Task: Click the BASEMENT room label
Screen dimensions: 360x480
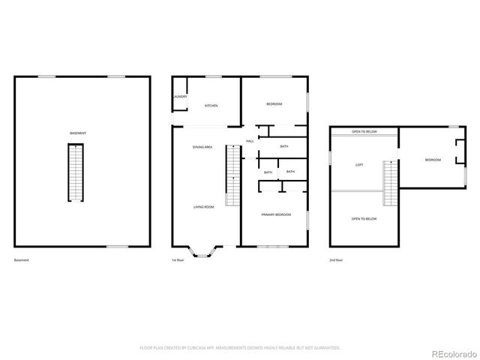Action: click(77, 133)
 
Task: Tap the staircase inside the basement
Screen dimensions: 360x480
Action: click(76, 172)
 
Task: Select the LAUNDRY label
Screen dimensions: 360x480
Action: click(180, 97)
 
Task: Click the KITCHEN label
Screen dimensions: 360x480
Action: click(211, 106)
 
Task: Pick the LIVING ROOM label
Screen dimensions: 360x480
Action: click(204, 207)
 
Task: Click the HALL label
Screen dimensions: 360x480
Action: click(250, 141)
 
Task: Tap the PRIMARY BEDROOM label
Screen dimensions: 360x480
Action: click(276, 214)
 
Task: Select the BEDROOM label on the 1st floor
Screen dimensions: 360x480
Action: click(274, 103)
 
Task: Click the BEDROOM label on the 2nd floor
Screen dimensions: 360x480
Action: click(433, 160)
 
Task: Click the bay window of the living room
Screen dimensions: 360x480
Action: click(203, 250)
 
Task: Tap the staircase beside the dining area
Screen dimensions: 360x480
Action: click(232, 174)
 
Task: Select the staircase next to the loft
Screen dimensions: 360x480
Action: click(390, 182)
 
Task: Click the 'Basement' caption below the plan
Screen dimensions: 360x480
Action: click(21, 260)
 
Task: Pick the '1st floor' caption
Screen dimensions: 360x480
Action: click(178, 260)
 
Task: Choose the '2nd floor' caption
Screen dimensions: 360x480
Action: click(336, 260)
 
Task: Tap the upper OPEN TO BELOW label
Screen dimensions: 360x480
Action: click(364, 132)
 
